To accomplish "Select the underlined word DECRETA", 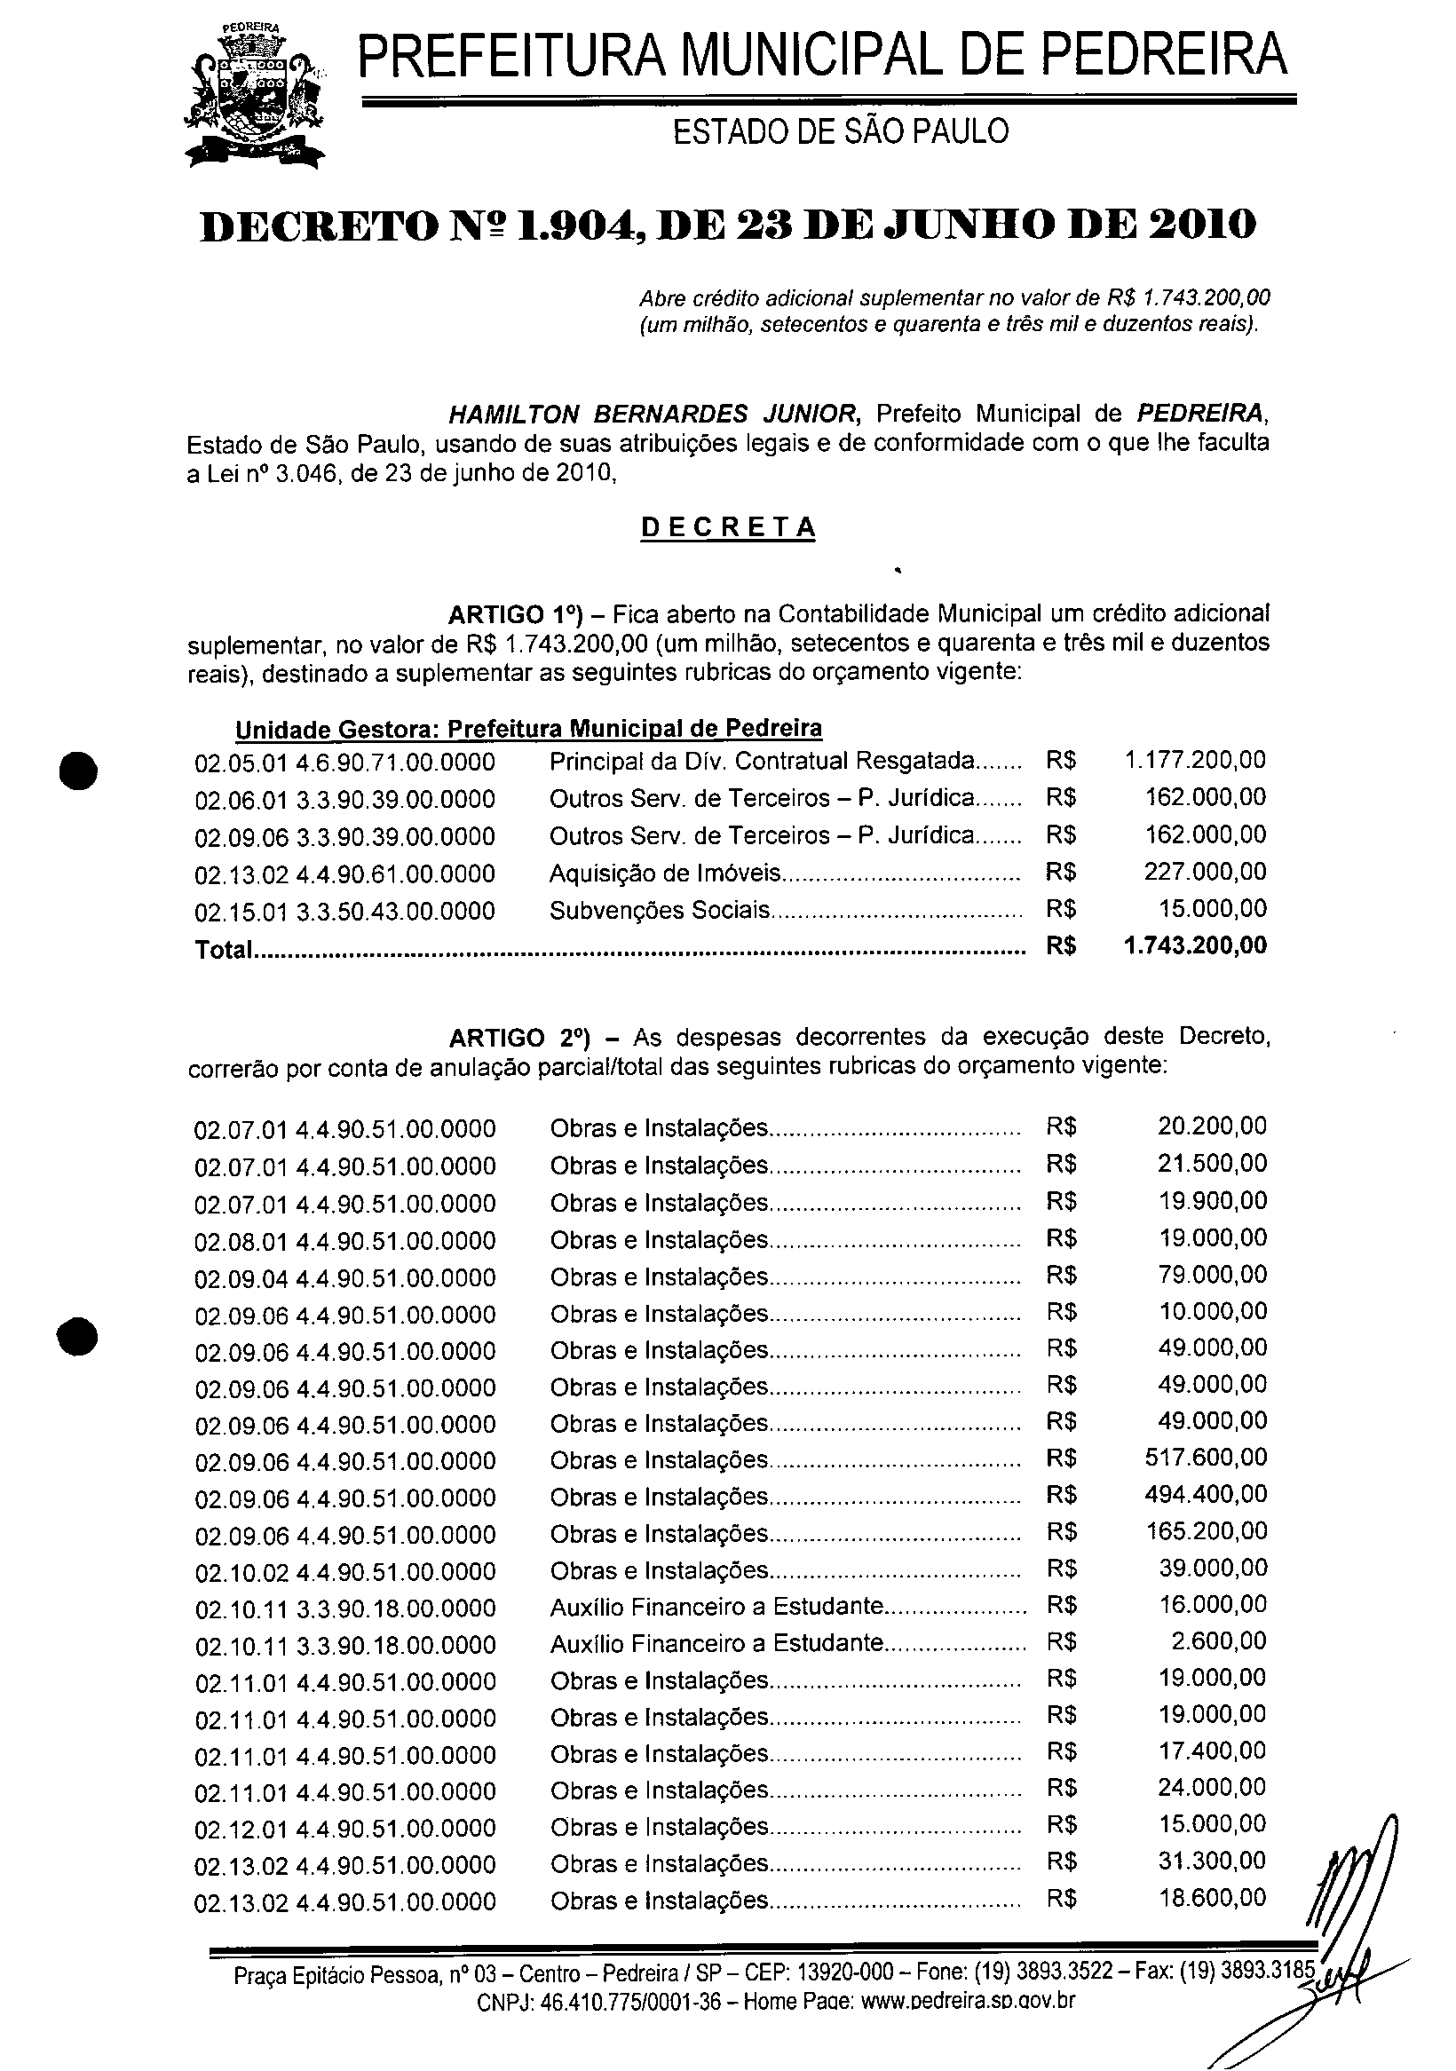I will [x=727, y=527].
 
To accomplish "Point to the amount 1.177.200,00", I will [x=1194, y=760].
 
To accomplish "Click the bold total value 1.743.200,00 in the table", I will [x=1194, y=945].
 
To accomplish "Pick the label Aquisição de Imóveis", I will [x=665, y=873].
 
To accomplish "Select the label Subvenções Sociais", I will [x=660, y=909].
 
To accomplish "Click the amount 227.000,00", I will [x=1206, y=872].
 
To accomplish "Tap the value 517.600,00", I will [x=1206, y=1457].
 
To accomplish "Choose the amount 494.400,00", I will [x=1206, y=1494].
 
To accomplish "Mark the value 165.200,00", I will [x=1206, y=1530].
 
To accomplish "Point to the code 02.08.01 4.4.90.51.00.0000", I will [x=344, y=1241].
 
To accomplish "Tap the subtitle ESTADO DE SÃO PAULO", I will [x=841, y=131].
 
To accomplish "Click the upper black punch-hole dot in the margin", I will [x=78, y=771].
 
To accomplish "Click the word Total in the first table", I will [x=222, y=949].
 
